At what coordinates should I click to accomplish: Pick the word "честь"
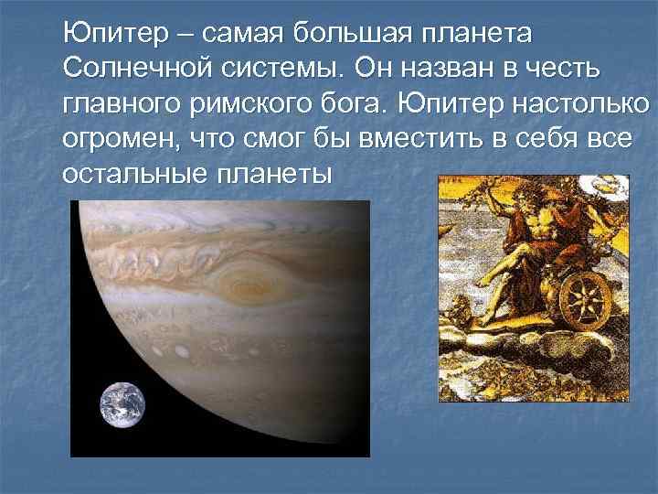pos(571,70)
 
